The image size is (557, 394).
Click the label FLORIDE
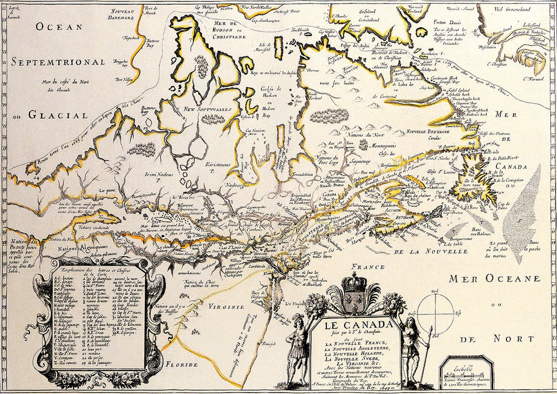tap(182, 365)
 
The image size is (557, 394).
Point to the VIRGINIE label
tap(225, 306)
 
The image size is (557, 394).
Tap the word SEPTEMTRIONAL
tap(58, 62)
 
